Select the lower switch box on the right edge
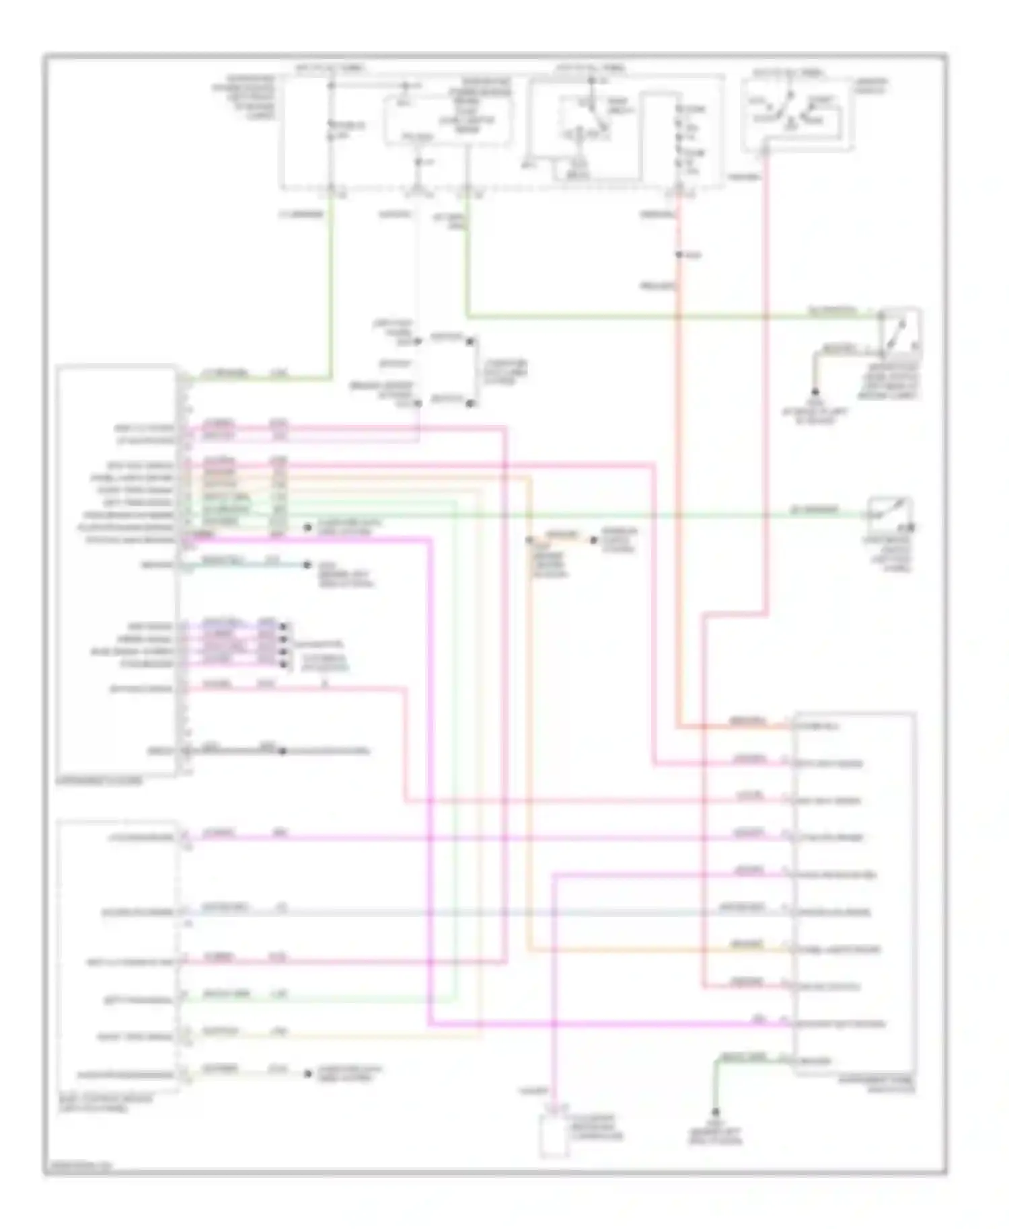pyautogui.click(x=889, y=516)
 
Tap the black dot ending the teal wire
pyautogui.click(x=307, y=565)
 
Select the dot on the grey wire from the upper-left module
pyautogui.click(x=283, y=751)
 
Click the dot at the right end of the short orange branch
pyautogui.click(x=593, y=539)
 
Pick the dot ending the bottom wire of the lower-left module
pyautogui.click(x=307, y=1074)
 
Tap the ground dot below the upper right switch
pyautogui.click(x=815, y=391)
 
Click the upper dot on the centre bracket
pyautogui.click(x=471, y=342)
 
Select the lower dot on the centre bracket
pyautogui.click(x=471, y=403)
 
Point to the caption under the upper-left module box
pyautogui.click(x=101, y=781)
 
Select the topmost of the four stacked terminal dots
pyautogui.click(x=283, y=626)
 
